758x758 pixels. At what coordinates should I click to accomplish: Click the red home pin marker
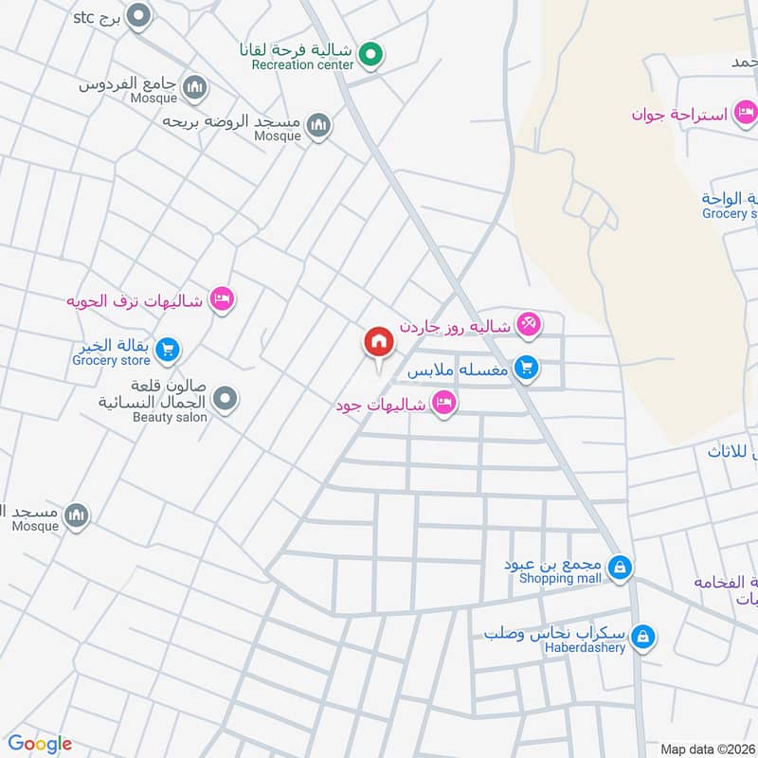pyautogui.click(x=378, y=343)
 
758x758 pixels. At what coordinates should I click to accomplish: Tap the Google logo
pyautogui.click(x=40, y=744)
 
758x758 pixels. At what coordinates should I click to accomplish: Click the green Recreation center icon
pyautogui.click(x=371, y=54)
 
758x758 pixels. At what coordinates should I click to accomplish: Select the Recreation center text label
pyautogui.click(x=302, y=65)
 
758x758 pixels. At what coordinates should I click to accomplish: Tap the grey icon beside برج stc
pyautogui.click(x=139, y=16)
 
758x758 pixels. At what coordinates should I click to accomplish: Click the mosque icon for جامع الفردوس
pyautogui.click(x=195, y=88)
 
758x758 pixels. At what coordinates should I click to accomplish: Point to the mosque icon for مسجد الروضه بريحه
pyautogui.click(x=319, y=125)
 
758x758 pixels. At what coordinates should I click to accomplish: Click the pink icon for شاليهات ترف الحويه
pyautogui.click(x=222, y=299)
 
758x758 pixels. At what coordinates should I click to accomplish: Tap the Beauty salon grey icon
pyautogui.click(x=225, y=400)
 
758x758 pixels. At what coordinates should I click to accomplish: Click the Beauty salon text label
pyautogui.click(x=170, y=417)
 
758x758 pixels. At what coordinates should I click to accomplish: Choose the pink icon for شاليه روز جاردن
pyautogui.click(x=528, y=325)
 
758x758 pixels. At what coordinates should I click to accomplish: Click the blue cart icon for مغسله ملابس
pyautogui.click(x=527, y=368)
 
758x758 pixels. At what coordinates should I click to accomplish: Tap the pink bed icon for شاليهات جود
pyautogui.click(x=442, y=405)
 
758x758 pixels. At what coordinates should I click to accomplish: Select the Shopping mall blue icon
pyautogui.click(x=620, y=568)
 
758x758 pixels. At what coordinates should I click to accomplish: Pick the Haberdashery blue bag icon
pyautogui.click(x=643, y=637)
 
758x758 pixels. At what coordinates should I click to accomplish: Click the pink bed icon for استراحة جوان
pyautogui.click(x=747, y=114)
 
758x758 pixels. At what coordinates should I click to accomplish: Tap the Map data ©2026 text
pyautogui.click(x=707, y=749)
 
